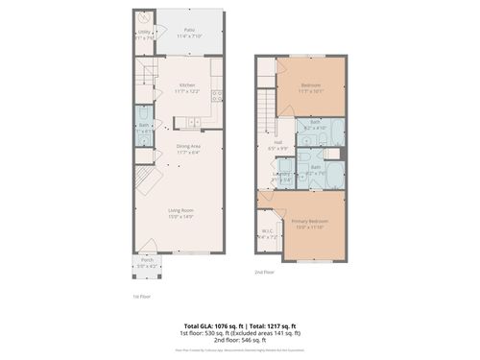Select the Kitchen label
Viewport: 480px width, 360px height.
pos(189,87)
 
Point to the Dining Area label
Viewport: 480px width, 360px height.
pos(189,148)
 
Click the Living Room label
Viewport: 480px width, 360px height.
pos(181,214)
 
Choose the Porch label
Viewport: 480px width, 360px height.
pos(148,261)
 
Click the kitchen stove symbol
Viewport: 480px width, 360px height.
pos(217,95)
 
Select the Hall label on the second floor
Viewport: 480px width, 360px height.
pos(276,145)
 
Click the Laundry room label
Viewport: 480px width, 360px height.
pos(281,175)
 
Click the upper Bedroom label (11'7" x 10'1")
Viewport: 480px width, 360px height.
pos(310,87)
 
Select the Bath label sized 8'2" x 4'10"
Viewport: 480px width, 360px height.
pos(316,125)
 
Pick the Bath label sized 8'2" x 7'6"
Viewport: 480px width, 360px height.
pos(316,167)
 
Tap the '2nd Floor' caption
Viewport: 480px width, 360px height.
pos(264,272)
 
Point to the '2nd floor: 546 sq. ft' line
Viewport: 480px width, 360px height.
pos(240,342)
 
